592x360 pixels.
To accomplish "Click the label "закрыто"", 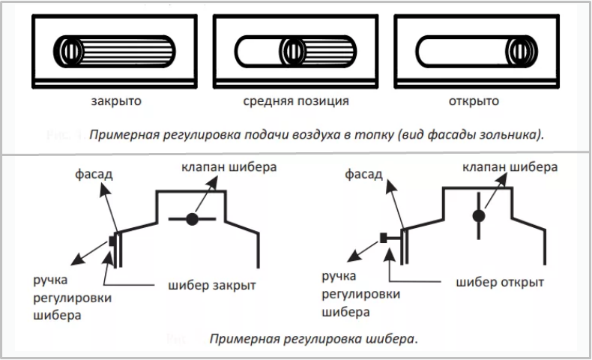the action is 116,101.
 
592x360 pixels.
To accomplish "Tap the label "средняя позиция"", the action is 295,101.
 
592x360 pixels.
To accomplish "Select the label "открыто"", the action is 474,101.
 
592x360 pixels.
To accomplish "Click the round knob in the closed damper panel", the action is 69,51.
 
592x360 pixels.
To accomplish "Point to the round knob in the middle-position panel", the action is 293,51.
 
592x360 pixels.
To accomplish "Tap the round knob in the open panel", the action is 522,51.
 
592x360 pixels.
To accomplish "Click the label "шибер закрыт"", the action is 212,286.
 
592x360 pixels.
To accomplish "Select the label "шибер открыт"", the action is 500,283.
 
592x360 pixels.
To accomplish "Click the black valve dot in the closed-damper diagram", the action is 192,219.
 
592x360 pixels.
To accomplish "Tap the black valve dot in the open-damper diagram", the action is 479,216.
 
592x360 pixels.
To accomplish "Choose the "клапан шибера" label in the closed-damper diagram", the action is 229,167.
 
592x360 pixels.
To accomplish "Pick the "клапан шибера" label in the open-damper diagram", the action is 510,167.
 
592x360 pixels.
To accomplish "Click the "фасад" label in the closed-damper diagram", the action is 94,174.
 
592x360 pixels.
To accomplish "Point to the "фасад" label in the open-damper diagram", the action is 363,174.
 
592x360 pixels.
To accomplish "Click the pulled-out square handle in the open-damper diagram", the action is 384,238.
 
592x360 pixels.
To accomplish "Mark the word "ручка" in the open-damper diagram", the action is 339,277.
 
